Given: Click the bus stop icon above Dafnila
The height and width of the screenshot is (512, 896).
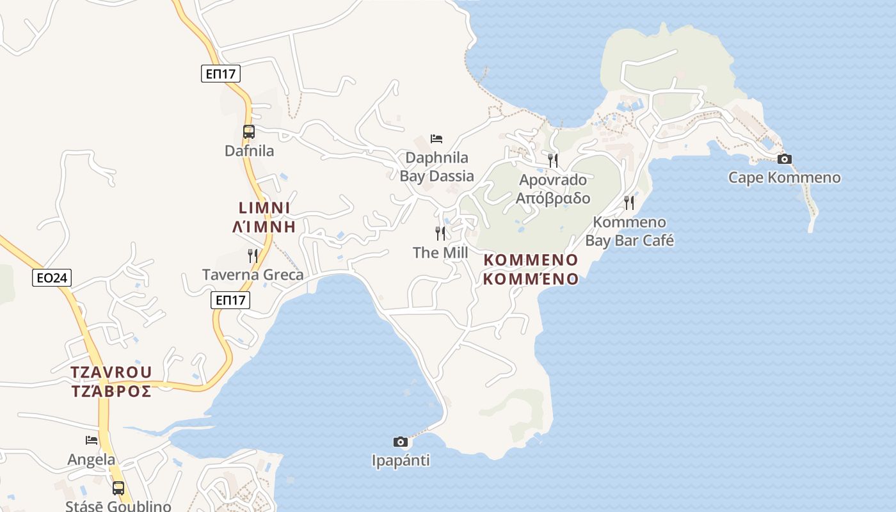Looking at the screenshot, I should click(x=249, y=132).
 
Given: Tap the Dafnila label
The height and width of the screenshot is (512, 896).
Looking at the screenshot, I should click(x=249, y=151).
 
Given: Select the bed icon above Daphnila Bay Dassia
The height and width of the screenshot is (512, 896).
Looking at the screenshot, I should click(x=436, y=139).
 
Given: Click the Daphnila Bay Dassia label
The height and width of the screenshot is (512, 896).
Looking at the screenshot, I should click(x=437, y=167).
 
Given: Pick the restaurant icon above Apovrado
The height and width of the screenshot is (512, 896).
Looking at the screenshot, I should click(x=553, y=160).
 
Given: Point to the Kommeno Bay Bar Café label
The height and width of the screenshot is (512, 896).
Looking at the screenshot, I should click(x=630, y=232).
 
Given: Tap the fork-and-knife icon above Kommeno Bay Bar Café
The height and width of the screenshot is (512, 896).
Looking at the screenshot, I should click(x=629, y=203).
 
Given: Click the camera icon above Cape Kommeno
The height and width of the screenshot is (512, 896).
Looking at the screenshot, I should click(x=784, y=159).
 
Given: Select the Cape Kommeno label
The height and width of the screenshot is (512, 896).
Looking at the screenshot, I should click(x=784, y=177).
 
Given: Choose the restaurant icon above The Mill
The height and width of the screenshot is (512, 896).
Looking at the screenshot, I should click(x=440, y=234).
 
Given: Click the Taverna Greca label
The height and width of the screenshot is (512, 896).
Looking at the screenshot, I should click(x=253, y=275).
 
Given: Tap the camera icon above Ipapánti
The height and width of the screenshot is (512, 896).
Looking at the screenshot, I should click(x=400, y=442).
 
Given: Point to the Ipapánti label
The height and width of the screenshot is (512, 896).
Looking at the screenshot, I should click(x=401, y=460).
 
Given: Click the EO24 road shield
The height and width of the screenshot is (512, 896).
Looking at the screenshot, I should click(x=52, y=278).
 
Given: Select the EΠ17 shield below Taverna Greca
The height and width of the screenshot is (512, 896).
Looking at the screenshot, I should click(x=230, y=300).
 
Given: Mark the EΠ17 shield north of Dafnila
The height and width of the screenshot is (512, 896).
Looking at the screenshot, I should click(x=221, y=74).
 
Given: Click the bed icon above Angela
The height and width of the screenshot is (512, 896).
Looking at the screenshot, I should click(x=92, y=440).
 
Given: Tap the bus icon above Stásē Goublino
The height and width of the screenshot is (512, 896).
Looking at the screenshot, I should click(x=118, y=488).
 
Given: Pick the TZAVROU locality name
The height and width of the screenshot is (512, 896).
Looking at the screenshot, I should click(x=111, y=372).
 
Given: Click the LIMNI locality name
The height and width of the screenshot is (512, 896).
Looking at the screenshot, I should click(x=264, y=208).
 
